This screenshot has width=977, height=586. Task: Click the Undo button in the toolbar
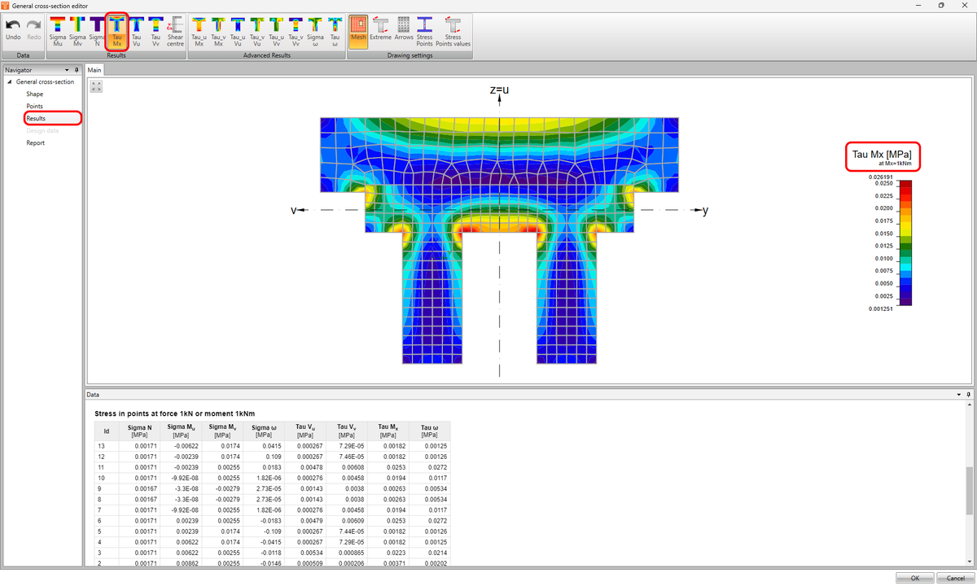(x=13, y=31)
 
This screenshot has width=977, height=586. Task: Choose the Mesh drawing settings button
(x=358, y=31)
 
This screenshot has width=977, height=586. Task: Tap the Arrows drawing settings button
(x=404, y=31)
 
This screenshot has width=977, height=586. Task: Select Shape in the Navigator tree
(x=34, y=94)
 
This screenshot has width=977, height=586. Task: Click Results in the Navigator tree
(x=36, y=119)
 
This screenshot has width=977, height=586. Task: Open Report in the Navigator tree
(x=35, y=143)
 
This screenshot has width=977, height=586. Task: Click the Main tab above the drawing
(x=94, y=71)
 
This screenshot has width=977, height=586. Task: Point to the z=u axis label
(x=499, y=90)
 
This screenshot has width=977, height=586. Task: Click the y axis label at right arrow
(x=705, y=211)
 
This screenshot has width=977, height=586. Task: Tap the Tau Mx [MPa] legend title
(x=881, y=154)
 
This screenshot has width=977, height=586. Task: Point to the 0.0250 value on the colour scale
(x=882, y=183)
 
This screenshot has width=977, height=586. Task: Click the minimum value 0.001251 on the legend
(x=879, y=309)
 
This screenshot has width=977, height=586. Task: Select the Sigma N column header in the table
(x=139, y=431)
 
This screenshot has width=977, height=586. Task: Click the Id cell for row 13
(x=102, y=446)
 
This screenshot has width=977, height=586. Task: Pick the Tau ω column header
(x=428, y=431)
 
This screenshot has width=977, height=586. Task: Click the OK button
(x=914, y=578)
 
